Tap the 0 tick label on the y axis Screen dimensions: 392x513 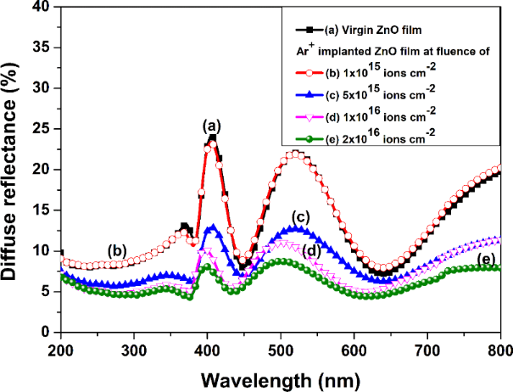pos(50,333)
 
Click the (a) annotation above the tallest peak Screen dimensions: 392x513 pos(210,126)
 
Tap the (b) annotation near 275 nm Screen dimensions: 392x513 pos(117,250)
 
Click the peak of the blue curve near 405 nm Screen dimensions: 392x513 pos(212,227)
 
